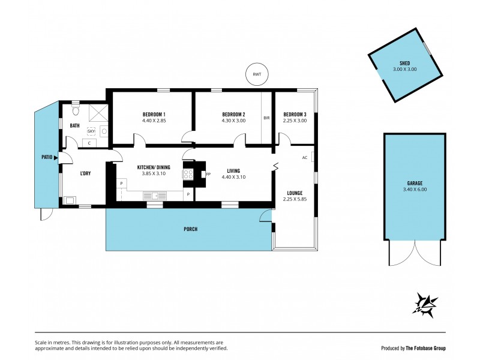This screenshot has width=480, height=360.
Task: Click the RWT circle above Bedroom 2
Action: [x=257, y=74]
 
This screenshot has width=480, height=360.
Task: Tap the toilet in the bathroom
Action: [x=75, y=111]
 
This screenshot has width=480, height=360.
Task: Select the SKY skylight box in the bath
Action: [x=91, y=131]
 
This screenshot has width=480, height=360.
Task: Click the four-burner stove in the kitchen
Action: [x=188, y=175]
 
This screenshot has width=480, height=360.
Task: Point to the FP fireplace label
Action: [x=208, y=175]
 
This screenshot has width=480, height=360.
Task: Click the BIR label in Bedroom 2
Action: [x=267, y=118]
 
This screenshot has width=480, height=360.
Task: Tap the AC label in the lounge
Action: [x=305, y=158]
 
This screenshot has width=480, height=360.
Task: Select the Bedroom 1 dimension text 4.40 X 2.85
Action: [x=154, y=121]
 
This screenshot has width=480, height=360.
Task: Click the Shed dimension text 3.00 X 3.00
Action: [x=404, y=70]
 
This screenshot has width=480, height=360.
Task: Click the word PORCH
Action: [x=190, y=229]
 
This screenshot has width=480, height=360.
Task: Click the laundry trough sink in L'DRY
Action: [x=70, y=200]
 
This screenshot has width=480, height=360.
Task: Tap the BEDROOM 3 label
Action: [x=295, y=114]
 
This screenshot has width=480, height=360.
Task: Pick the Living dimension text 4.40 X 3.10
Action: [x=233, y=177]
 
